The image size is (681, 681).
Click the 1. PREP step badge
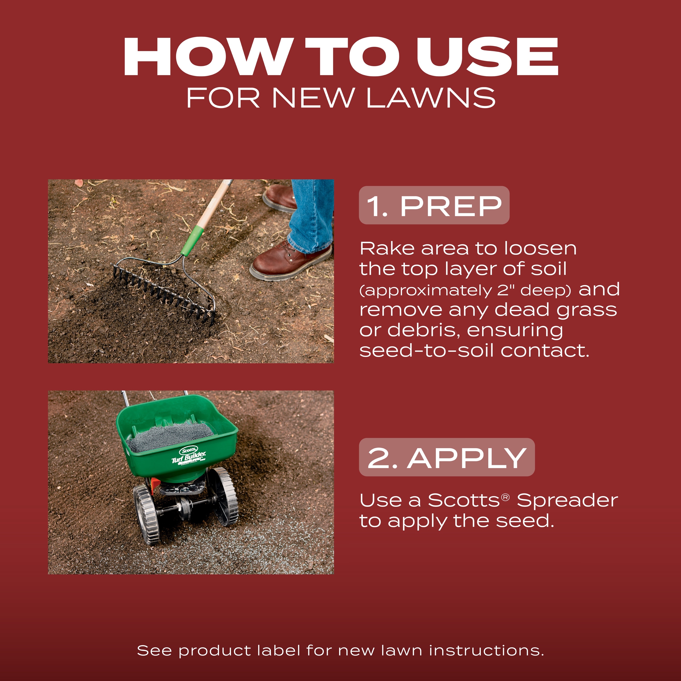coord(434,205)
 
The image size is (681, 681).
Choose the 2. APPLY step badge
coord(447,457)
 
